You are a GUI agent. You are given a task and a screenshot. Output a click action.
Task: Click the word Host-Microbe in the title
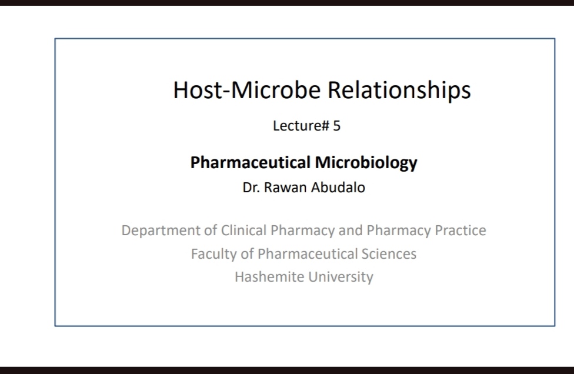(x=247, y=89)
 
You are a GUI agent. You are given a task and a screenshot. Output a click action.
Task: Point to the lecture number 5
(x=337, y=126)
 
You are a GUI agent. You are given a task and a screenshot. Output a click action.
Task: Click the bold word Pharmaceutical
(x=251, y=162)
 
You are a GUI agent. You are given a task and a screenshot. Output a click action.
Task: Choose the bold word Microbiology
(x=366, y=163)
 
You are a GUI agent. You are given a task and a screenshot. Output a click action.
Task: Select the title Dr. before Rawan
(x=251, y=188)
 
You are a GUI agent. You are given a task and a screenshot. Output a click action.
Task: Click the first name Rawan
(x=285, y=188)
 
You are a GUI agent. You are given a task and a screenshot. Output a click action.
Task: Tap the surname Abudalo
(x=338, y=188)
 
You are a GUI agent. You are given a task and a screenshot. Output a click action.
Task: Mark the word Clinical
(x=243, y=230)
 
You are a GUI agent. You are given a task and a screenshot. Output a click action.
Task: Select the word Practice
(x=460, y=230)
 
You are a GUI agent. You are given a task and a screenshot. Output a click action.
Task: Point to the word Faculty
(x=214, y=254)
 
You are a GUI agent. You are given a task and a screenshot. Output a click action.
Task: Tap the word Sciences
(x=389, y=253)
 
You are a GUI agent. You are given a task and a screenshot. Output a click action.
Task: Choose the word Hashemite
(x=269, y=276)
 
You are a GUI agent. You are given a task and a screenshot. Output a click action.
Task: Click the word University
(x=341, y=277)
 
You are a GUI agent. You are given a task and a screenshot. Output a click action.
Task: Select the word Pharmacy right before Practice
(x=399, y=231)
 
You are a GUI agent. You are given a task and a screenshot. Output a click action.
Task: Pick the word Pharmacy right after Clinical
(x=302, y=231)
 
